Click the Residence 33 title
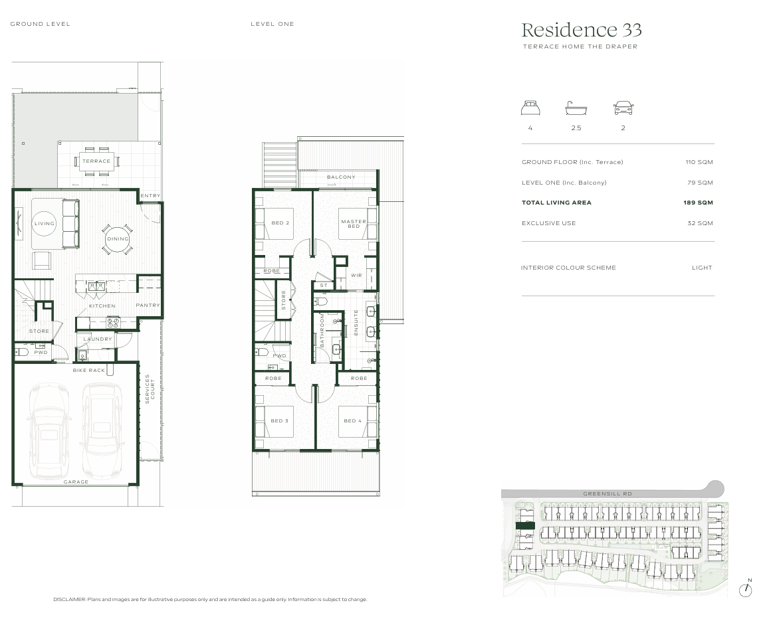(x=581, y=31)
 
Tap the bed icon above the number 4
(x=530, y=108)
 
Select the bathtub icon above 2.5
(x=576, y=108)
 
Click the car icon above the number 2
(x=623, y=108)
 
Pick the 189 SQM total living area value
(x=698, y=203)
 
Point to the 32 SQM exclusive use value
(x=700, y=223)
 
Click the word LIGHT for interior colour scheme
(x=702, y=268)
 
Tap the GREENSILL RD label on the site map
(x=607, y=494)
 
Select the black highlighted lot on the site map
(x=525, y=526)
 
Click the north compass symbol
(x=746, y=590)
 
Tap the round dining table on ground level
(x=118, y=239)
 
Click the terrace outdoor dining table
(x=96, y=161)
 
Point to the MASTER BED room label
(x=354, y=224)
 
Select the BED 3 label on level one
(x=280, y=421)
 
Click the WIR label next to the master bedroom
(x=356, y=276)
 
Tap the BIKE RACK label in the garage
(x=89, y=371)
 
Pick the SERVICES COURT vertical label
(x=150, y=389)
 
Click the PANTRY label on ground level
(x=148, y=306)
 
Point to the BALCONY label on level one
(x=342, y=177)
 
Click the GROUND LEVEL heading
(x=41, y=24)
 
